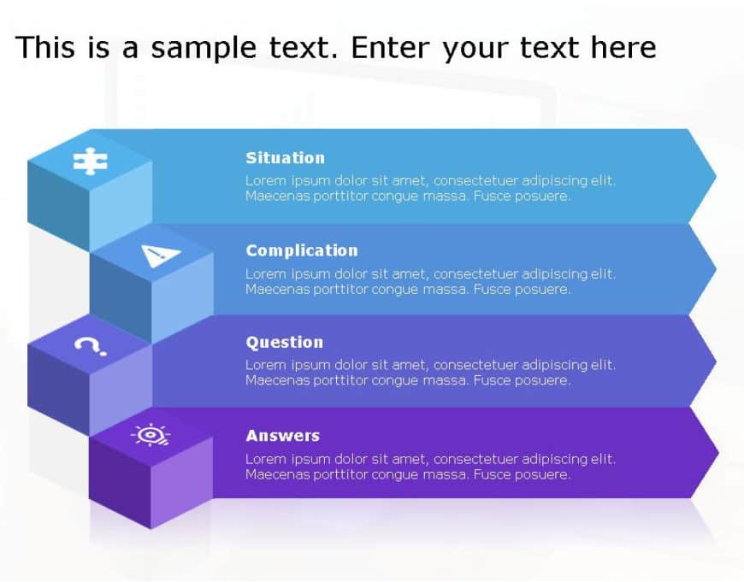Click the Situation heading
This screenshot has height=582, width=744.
[285, 158]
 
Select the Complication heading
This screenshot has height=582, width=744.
[301, 250]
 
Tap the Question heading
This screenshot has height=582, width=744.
[284, 343]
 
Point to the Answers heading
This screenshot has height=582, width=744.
[282, 436]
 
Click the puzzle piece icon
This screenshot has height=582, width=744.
[90, 161]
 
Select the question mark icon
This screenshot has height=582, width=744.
[90, 345]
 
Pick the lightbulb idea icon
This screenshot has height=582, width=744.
[151, 435]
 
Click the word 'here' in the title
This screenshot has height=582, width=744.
[623, 48]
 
